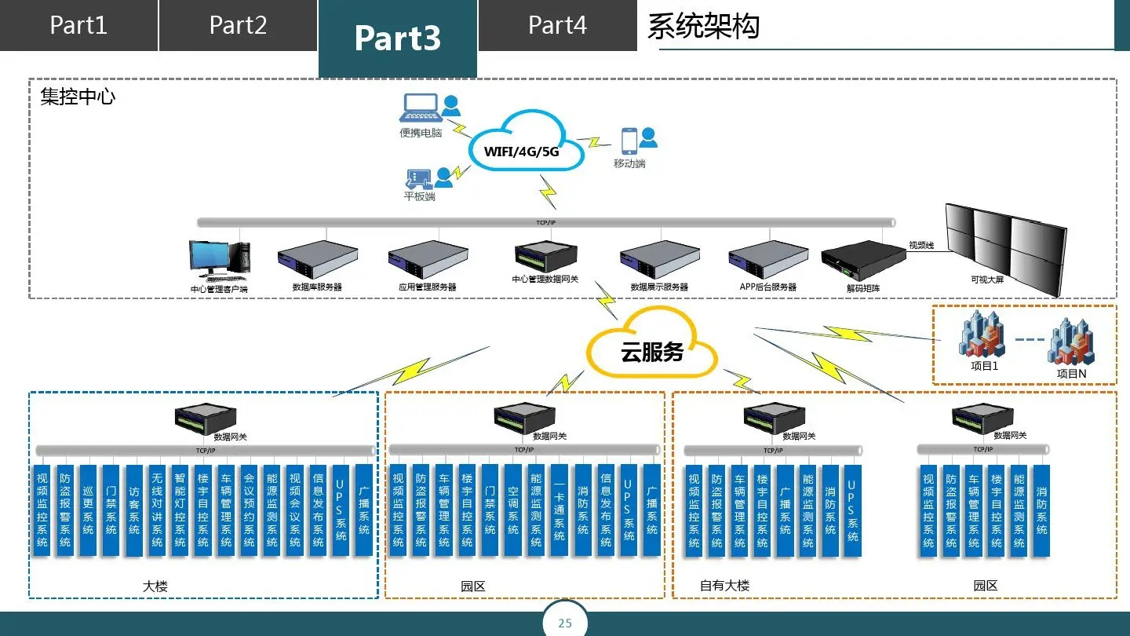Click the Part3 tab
click(x=397, y=38)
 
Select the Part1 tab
click(x=78, y=25)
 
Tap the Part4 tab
click(x=557, y=25)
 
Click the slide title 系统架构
click(x=703, y=26)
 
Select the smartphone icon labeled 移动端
click(x=629, y=141)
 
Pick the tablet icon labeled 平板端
click(x=418, y=177)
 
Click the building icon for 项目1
click(x=982, y=334)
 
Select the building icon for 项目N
click(x=1071, y=342)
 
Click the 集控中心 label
click(x=78, y=97)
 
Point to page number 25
click(x=565, y=623)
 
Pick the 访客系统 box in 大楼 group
click(x=133, y=510)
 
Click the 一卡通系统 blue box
click(x=559, y=510)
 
